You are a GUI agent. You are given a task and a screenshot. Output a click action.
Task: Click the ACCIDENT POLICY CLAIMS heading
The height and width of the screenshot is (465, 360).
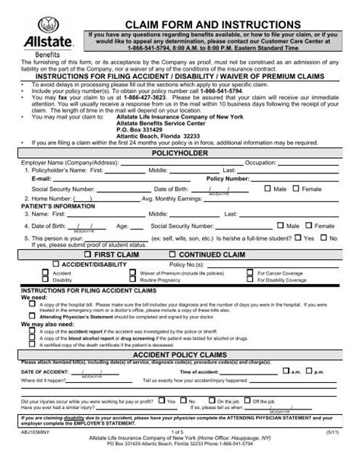pos(180,355)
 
